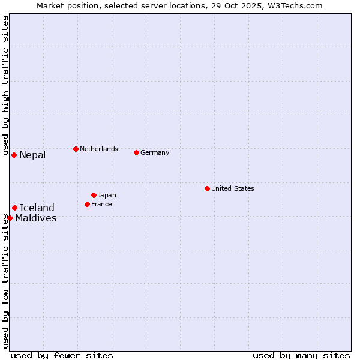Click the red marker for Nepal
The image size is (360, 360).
pos(14,155)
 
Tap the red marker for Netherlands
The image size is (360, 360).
pos(76,149)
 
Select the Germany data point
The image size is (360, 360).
pos(136,152)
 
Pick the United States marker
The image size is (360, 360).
pos(207,188)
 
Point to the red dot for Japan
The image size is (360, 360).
pos(94,195)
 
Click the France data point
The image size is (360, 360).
pos(87,204)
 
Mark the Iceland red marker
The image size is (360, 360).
pos(14,208)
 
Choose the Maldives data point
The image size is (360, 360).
pos(10,218)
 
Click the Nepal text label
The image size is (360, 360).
pos(32,155)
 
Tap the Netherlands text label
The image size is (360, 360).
pos(99,149)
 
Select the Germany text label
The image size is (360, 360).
pos(155,152)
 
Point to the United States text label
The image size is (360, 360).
pos(233,188)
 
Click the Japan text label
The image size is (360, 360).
pos(107,195)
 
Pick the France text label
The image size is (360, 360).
pos(101,204)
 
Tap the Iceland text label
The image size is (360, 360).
pos(37,208)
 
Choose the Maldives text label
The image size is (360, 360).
pos(36,218)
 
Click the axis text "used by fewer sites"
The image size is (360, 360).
pos(62,355)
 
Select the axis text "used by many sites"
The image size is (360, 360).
pos(301,355)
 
